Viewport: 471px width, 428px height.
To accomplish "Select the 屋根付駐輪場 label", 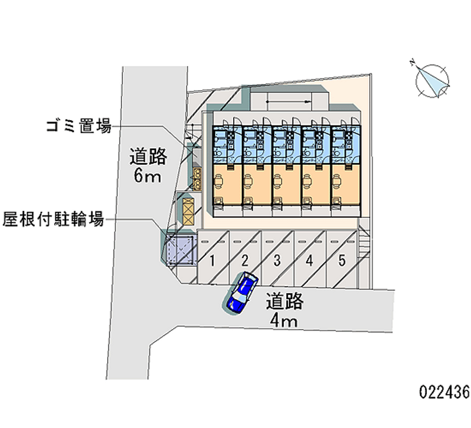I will (54, 220).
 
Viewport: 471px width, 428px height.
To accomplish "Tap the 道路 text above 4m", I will (284, 301).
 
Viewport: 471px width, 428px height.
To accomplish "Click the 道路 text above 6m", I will (148, 157).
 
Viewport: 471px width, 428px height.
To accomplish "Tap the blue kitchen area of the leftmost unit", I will (226, 144).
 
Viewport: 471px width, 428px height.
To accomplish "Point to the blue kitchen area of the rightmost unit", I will (344, 144).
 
